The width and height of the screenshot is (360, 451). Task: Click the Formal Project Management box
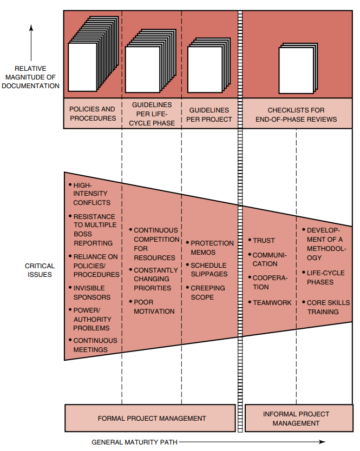(x=151, y=418)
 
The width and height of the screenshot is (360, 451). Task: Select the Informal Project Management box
(x=296, y=418)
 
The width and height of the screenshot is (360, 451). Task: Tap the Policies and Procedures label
(x=93, y=113)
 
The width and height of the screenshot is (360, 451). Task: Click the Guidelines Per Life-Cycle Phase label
(x=152, y=113)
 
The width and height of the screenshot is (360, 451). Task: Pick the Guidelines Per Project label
(x=211, y=114)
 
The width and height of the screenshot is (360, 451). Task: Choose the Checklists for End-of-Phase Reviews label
(x=296, y=114)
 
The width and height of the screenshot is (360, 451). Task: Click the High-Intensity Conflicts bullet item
(x=91, y=194)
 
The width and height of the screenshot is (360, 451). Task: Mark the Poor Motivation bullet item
(x=154, y=307)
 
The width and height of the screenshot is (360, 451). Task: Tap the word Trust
(x=264, y=240)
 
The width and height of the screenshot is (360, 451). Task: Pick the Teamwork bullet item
(x=272, y=303)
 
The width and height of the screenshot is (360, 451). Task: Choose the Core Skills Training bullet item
(x=328, y=307)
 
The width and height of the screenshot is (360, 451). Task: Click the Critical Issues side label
(x=40, y=270)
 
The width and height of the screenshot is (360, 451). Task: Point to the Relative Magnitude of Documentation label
(x=30, y=77)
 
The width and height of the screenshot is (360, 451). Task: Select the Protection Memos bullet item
(x=212, y=248)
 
